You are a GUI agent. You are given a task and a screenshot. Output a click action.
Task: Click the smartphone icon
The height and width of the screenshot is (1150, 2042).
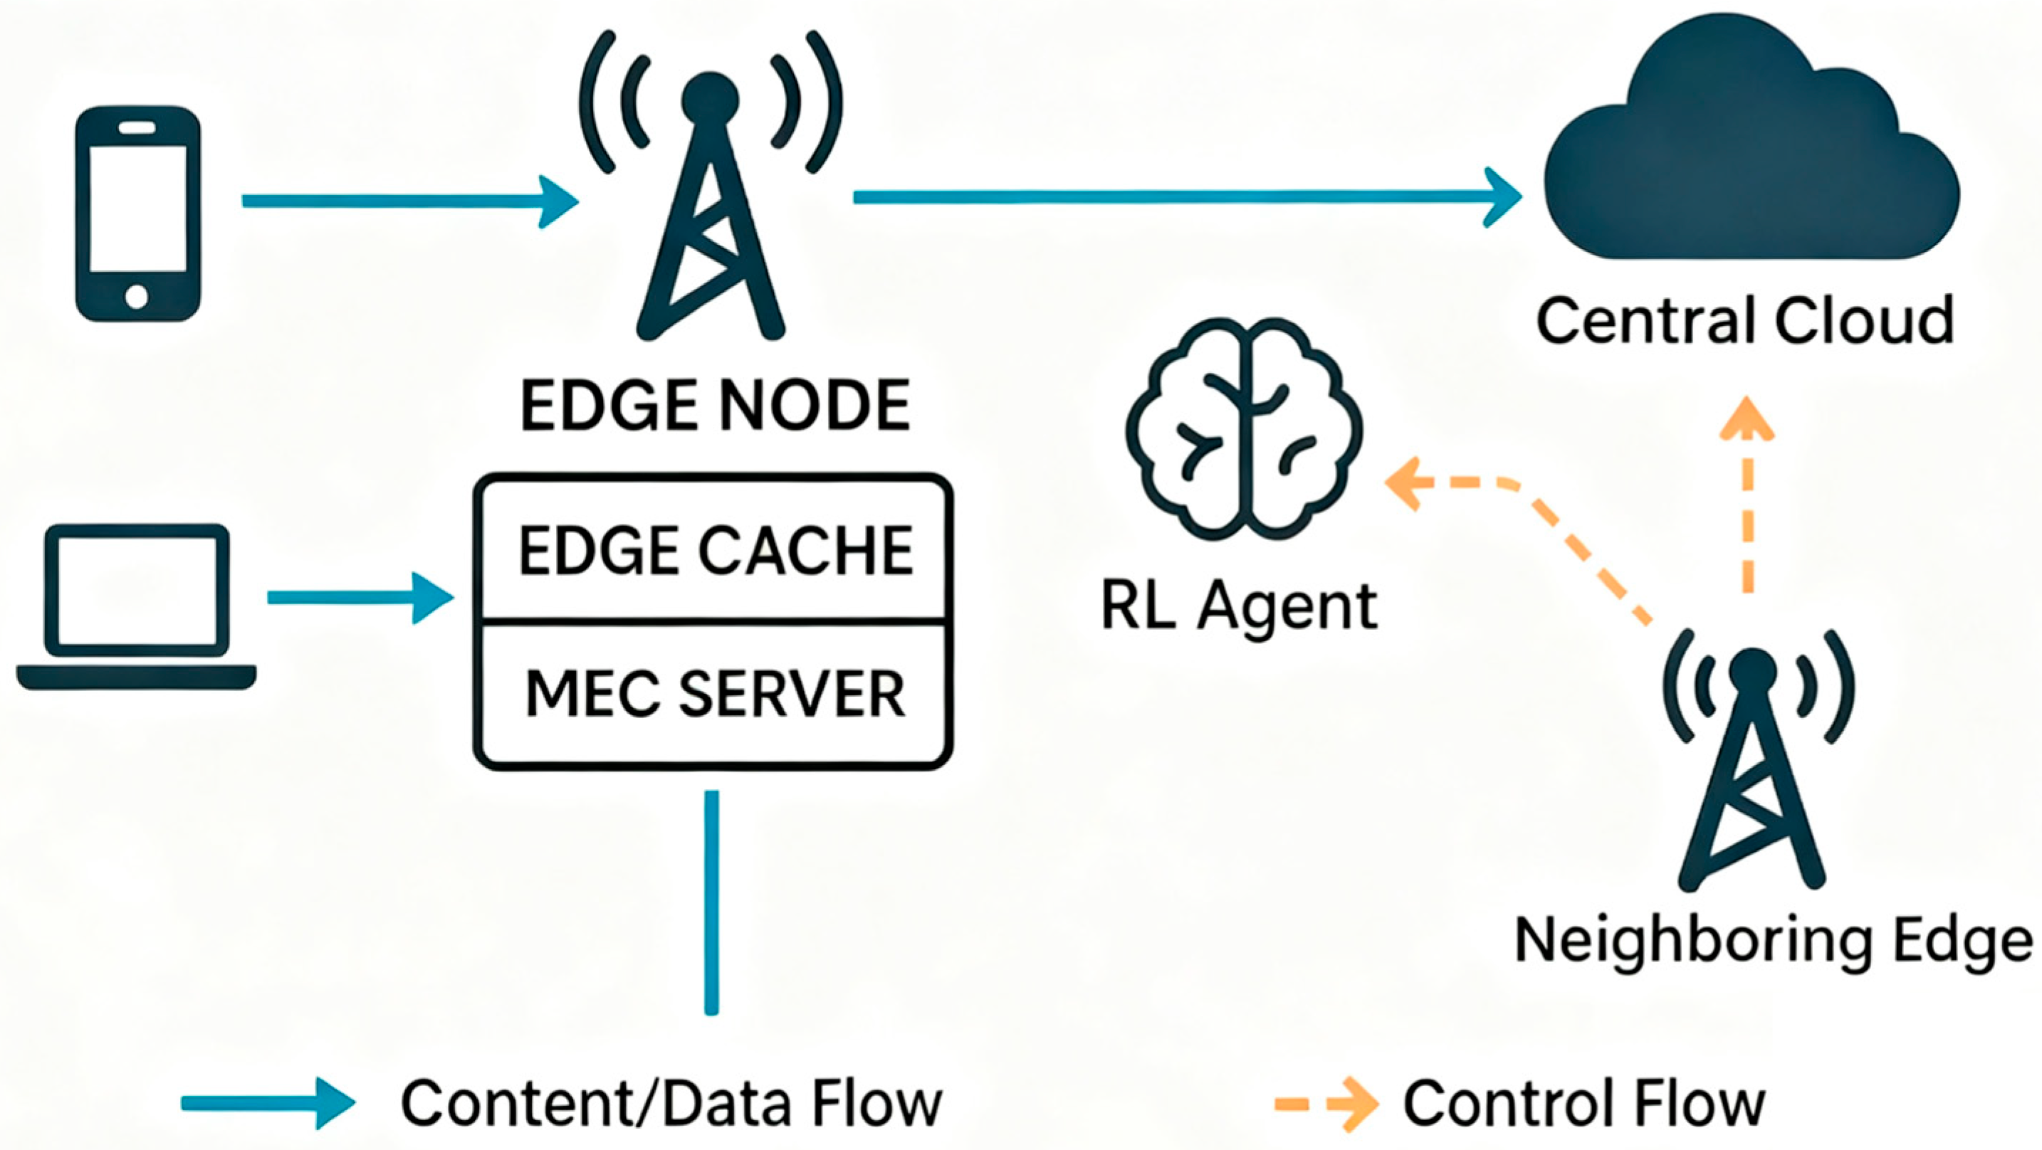[x=138, y=214]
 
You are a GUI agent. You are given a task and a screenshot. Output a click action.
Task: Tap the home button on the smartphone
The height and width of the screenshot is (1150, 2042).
[x=136, y=297]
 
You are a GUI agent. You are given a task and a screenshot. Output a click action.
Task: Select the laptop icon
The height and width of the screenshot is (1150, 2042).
[x=136, y=606]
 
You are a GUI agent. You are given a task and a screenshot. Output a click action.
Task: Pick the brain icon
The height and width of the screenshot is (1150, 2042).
[x=1243, y=430]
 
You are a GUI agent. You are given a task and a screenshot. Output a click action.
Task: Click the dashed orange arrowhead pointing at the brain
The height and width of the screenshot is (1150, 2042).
[x=1405, y=481]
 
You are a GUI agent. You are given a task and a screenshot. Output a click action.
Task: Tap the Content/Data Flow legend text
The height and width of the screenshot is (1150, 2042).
[x=671, y=1102]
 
